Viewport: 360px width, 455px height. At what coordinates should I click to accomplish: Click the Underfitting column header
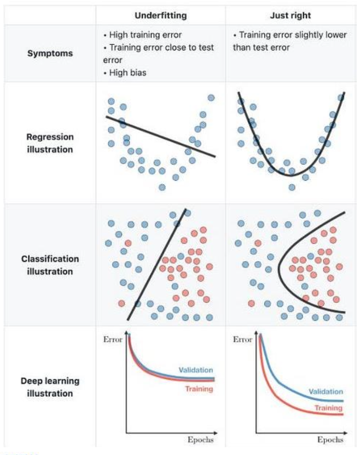(161, 16)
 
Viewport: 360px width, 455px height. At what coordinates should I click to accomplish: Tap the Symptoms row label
(50, 53)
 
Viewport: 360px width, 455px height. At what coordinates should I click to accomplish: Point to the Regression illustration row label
(50, 143)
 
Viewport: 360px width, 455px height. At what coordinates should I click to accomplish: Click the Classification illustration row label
(50, 265)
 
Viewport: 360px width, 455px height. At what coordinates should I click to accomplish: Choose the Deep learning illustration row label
(50, 387)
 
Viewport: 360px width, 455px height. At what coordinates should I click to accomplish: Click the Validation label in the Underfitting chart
(196, 370)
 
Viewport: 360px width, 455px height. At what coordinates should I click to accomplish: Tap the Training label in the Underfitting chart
(199, 389)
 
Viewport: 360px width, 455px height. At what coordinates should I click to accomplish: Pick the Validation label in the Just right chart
(326, 392)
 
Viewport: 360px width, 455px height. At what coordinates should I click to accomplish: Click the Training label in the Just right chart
(329, 408)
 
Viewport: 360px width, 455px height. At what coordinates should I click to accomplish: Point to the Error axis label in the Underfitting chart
(113, 340)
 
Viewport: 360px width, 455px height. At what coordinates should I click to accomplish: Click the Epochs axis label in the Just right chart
(330, 439)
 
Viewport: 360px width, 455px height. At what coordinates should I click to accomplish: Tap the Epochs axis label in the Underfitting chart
(200, 439)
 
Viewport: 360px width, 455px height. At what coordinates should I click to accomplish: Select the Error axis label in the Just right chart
(242, 340)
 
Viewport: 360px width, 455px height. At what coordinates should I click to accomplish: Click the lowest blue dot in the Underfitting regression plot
(162, 187)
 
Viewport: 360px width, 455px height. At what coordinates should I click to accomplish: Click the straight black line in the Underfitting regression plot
(161, 137)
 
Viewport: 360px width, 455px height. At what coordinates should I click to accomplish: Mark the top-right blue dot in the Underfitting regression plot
(211, 97)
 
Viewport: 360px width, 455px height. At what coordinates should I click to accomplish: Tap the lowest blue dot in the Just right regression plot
(292, 187)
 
